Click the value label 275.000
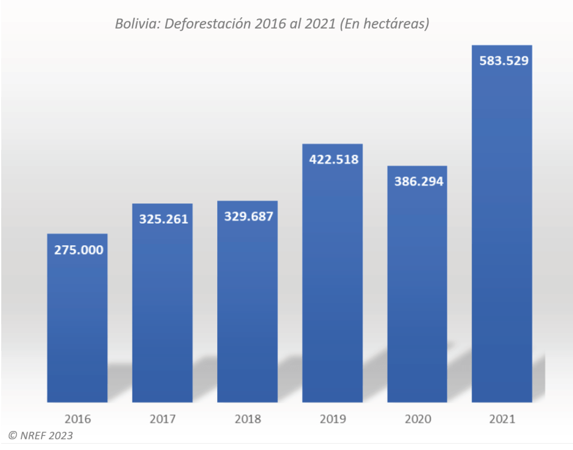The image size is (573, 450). tap(78, 250)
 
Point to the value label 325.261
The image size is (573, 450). tap(163, 219)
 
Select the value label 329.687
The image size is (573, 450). tap(248, 216)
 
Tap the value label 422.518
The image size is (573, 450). tap(334, 159)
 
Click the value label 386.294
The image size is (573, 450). tap(419, 181)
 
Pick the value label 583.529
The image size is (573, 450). tap(504, 60)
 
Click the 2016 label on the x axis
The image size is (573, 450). tap(77, 419)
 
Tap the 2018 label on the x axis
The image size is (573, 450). tap(247, 419)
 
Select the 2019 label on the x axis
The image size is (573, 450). tap(332, 419)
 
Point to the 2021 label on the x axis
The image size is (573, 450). tap(502, 419)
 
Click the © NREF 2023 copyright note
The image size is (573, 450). tap(40, 435)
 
